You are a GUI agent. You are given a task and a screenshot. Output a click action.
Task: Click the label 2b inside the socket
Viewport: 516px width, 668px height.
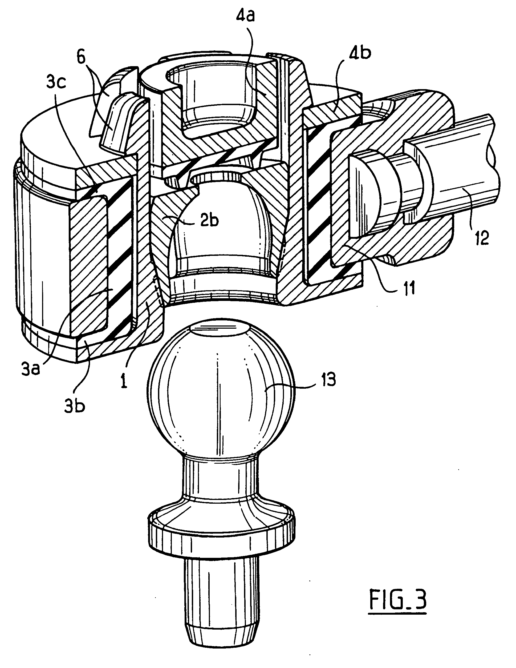point(209,221)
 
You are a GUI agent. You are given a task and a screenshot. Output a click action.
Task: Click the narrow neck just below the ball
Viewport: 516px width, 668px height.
point(221,480)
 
